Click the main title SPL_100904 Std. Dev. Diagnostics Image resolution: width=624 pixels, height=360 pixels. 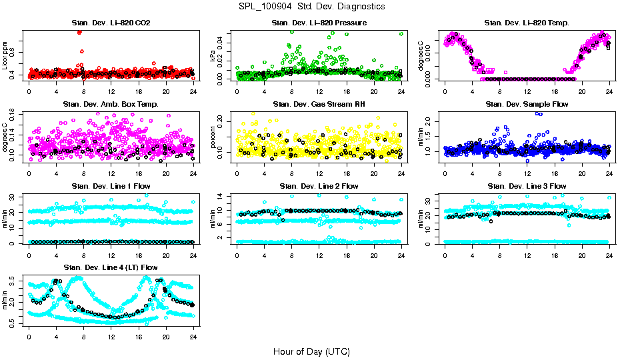click(311, 6)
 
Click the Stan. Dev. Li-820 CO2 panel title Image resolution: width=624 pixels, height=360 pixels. click(111, 23)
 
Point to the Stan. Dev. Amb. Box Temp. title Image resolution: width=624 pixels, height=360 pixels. click(111, 105)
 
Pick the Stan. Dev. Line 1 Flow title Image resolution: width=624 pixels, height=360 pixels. click(111, 186)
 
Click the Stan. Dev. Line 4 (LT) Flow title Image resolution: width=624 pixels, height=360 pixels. click(111, 267)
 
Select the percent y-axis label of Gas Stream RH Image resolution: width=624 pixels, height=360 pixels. click(214, 137)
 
